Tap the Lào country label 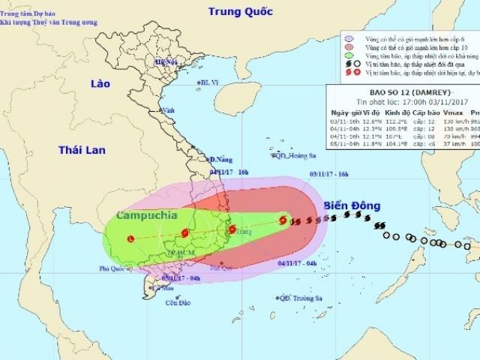click(99, 82)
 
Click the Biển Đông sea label click(352, 205)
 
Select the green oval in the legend click(349, 56)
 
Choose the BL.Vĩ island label click(209, 83)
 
